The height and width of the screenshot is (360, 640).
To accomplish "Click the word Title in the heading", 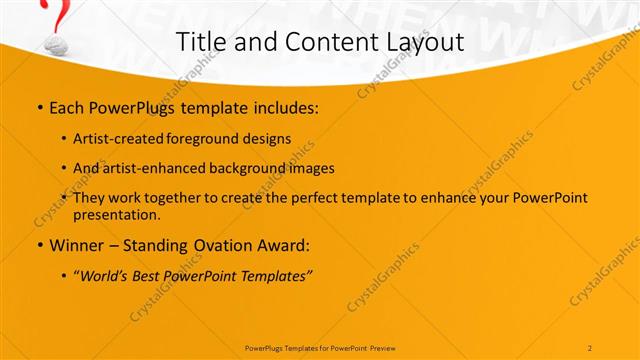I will click(x=199, y=42).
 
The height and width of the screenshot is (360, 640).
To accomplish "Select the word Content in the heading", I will click(x=315, y=42).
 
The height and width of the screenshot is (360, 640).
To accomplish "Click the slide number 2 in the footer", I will click(x=590, y=347).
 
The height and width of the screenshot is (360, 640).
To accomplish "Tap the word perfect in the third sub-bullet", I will click(x=313, y=198).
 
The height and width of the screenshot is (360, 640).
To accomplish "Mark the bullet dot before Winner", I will click(x=39, y=245).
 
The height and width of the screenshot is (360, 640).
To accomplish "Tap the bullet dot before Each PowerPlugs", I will click(x=39, y=107).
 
